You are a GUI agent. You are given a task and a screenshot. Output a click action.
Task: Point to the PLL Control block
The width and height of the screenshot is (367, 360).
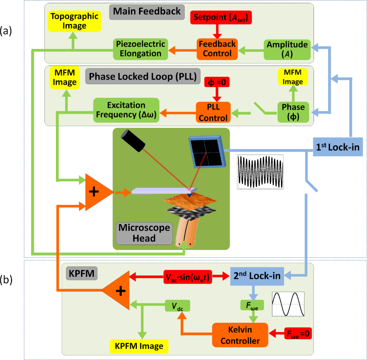[x=213, y=112]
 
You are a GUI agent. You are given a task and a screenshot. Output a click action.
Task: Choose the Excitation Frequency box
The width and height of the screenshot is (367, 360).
[x=126, y=110]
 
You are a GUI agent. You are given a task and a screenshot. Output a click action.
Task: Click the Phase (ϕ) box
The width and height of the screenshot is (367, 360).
[x=294, y=112]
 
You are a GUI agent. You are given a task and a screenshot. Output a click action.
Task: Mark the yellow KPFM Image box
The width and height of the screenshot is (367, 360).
[x=139, y=346]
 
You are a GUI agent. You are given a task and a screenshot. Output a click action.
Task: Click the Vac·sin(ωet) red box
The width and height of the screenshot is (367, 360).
[x=189, y=276]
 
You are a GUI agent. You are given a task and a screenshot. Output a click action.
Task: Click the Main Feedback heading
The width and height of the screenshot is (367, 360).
[x=147, y=11]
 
